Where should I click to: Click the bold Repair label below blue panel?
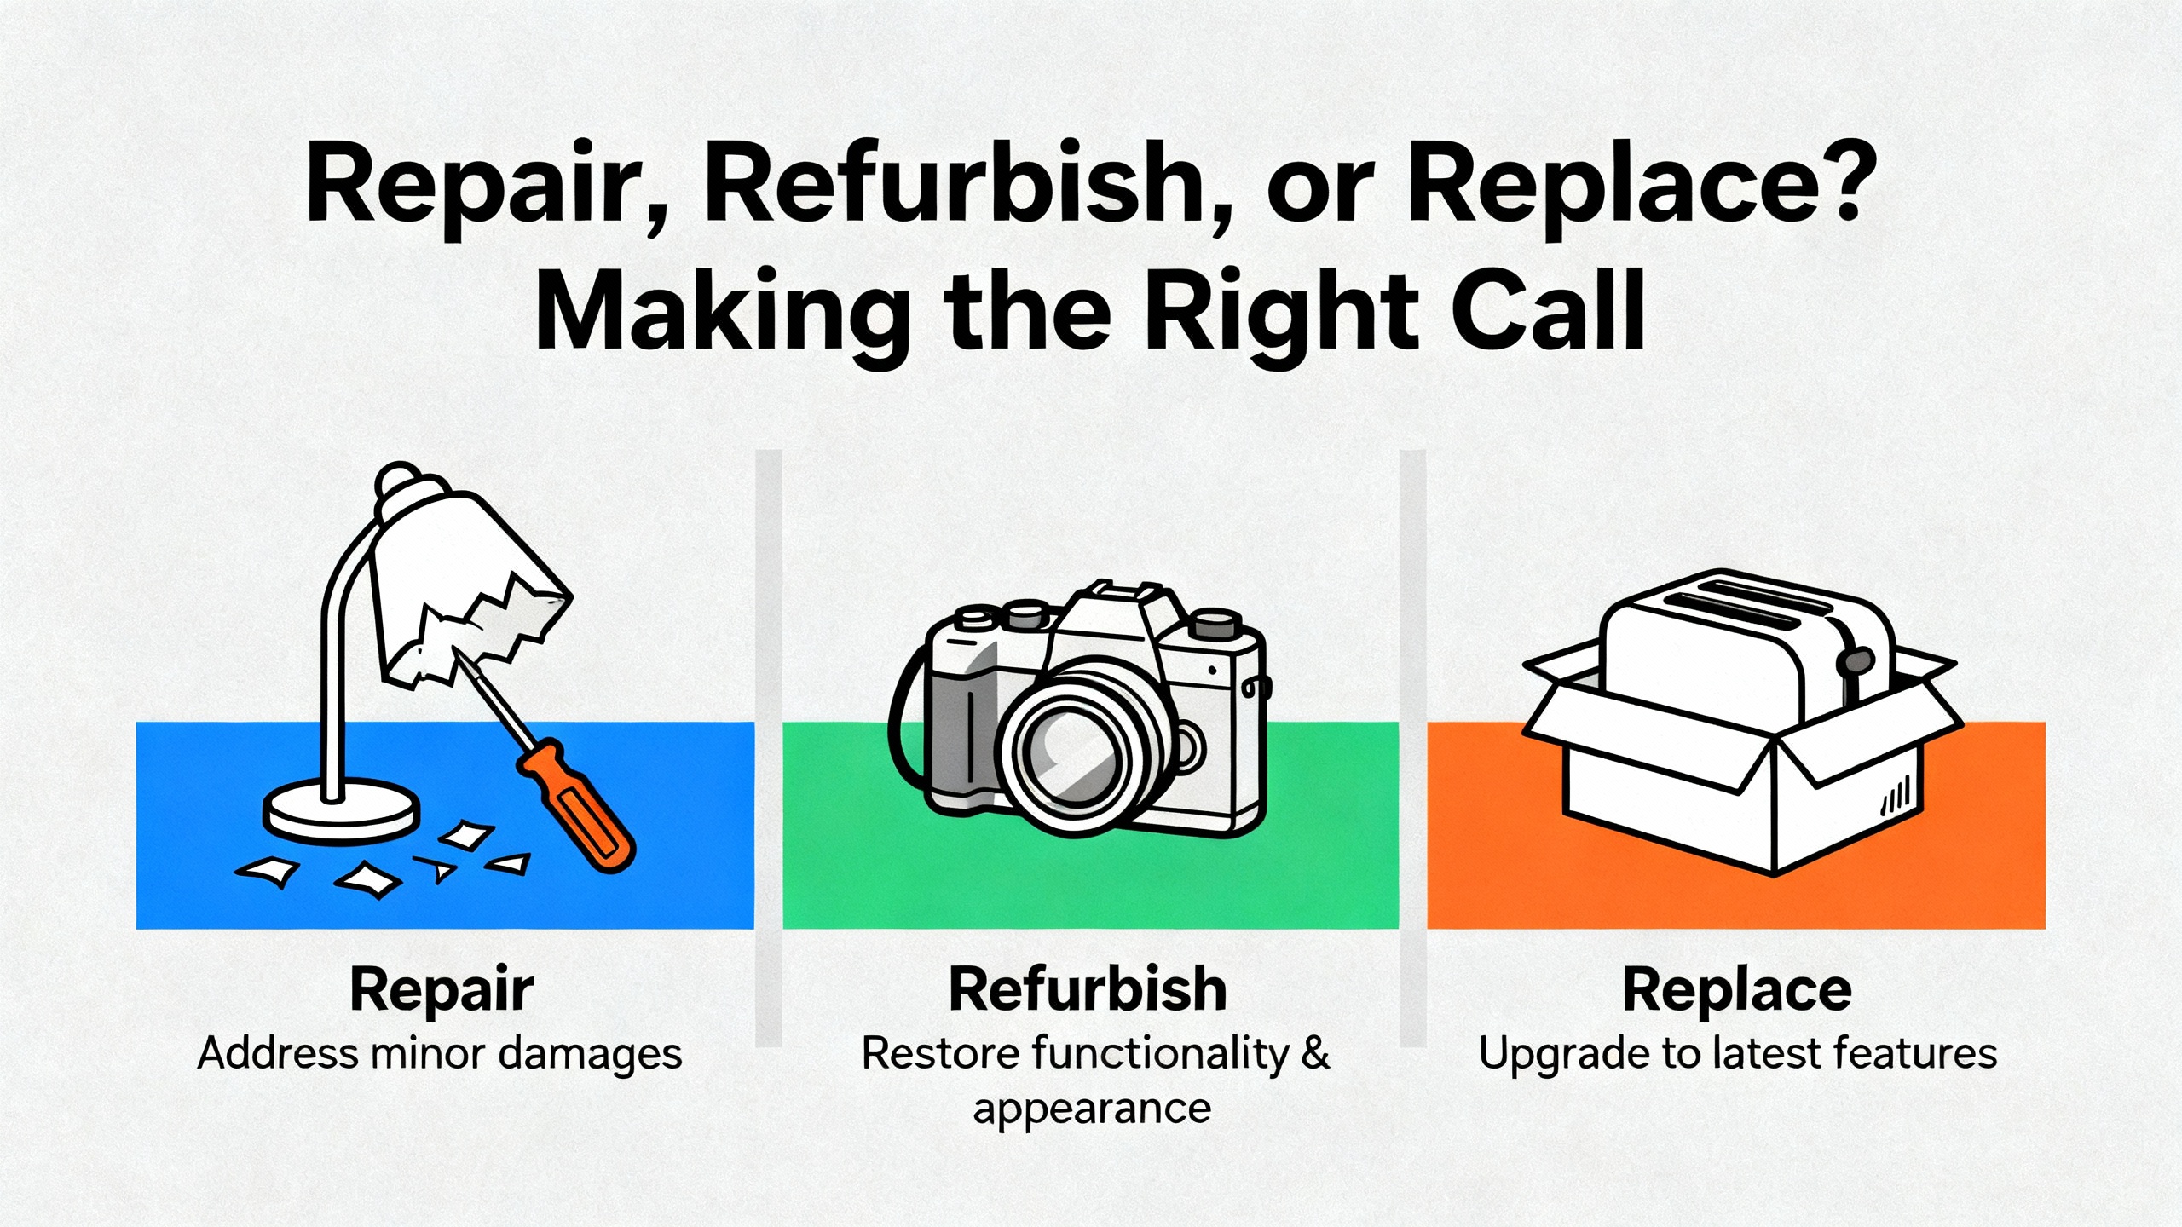[x=442, y=991]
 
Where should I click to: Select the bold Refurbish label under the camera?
[x=1088, y=989]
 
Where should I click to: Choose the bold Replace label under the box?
[x=1737, y=991]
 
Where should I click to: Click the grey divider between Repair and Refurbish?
[x=769, y=748]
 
